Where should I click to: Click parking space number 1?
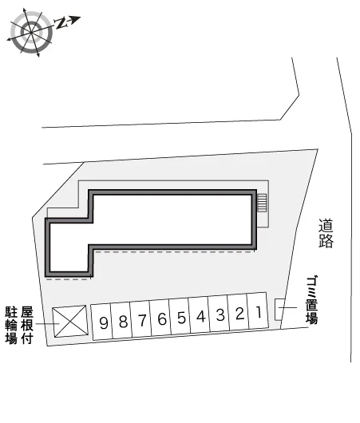click(258, 310)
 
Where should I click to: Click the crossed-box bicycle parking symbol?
click(70, 322)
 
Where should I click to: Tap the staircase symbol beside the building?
click(262, 203)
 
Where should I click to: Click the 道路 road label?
click(326, 233)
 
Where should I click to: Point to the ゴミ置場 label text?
click(311, 299)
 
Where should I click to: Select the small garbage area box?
click(279, 310)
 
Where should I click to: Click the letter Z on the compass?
click(61, 23)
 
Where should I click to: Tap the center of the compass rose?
click(31, 33)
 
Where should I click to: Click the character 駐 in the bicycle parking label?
click(11, 312)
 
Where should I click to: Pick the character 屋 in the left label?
click(27, 312)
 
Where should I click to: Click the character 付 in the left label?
click(27, 338)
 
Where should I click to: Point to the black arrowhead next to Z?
click(76, 20)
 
